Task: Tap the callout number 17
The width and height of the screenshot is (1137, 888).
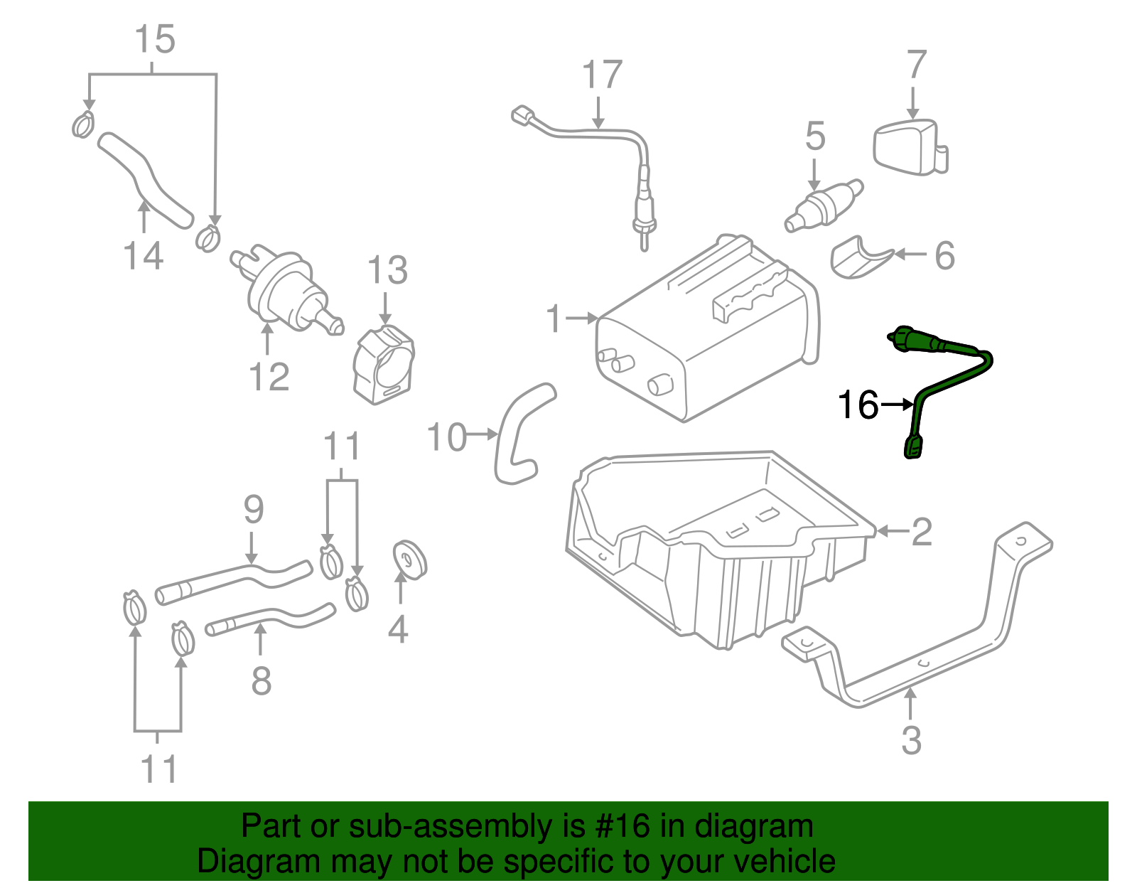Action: click(x=602, y=75)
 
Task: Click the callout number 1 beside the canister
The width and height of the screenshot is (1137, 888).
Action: click(x=554, y=319)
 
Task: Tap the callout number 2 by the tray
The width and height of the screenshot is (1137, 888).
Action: click(x=921, y=532)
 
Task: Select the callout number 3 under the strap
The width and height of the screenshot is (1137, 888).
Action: click(x=911, y=740)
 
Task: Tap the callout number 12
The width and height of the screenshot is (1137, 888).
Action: click(x=269, y=377)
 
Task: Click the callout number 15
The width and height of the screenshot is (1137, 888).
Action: click(x=155, y=40)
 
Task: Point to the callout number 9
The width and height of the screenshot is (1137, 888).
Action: click(x=253, y=509)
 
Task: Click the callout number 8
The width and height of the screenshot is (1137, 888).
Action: click(x=262, y=680)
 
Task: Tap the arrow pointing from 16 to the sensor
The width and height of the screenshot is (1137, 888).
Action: click(x=897, y=405)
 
